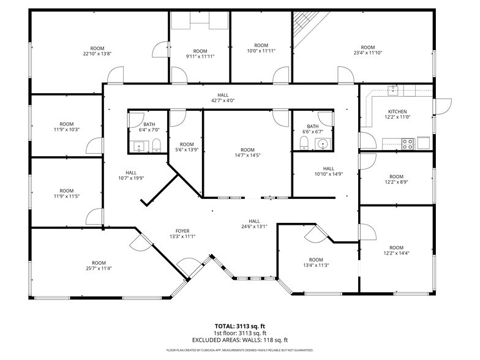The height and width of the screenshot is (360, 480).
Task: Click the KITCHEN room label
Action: (396, 111)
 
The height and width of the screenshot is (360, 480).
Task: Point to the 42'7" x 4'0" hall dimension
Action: (222, 100)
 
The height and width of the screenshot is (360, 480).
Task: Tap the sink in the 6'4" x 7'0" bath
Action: (138, 146)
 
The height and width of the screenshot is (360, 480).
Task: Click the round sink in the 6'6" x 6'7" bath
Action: (323, 144)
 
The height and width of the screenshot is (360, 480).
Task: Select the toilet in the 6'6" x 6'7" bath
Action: (304, 143)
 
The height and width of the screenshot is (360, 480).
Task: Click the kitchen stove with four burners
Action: (407, 144)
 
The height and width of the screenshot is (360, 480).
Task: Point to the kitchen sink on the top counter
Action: (394, 91)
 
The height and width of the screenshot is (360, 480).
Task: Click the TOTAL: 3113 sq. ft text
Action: (239, 326)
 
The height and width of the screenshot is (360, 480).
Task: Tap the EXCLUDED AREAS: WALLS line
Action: (239, 340)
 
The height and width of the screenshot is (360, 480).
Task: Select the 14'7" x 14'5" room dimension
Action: (247, 156)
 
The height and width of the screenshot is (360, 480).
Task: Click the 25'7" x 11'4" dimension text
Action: (99, 268)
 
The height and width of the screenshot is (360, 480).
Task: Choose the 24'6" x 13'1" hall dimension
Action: (254, 227)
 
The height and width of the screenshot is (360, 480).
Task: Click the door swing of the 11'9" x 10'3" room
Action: (94, 145)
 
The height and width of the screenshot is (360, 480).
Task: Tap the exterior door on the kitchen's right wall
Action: (442, 106)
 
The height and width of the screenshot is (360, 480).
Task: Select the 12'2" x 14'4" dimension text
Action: (397, 253)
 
